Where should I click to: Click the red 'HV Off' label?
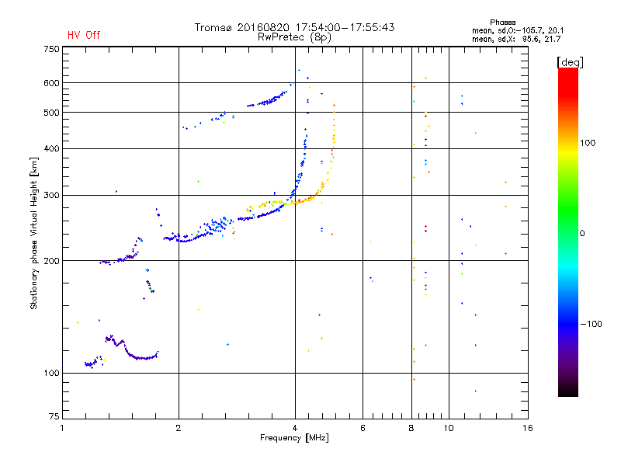(x=84, y=35)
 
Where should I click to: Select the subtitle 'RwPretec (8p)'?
(x=294, y=37)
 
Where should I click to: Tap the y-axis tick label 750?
(x=51, y=49)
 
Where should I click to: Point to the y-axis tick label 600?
(x=51, y=83)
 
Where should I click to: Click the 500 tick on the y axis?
(x=51, y=113)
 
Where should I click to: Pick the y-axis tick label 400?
(x=51, y=148)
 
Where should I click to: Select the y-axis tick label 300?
(x=51, y=195)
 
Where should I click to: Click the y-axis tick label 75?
(x=54, y=419)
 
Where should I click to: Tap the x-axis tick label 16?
(x=528, y=428)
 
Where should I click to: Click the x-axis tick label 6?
(x=363, y=428)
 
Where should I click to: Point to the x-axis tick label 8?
(x=411, y=428)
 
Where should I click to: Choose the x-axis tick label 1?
(x=62, y=428)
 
